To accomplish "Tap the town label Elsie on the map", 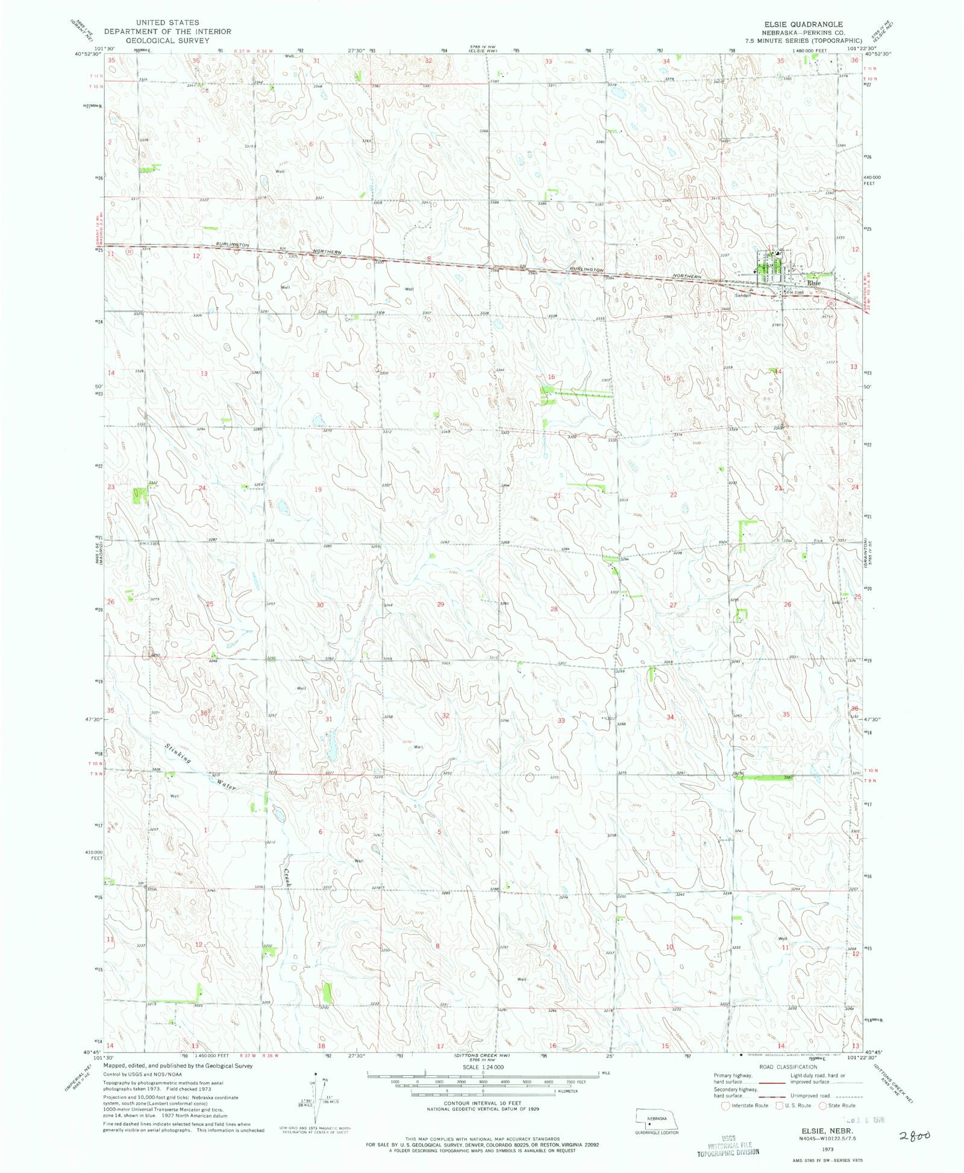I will click(814, 283).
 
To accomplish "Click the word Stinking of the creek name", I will click(178, 754).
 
